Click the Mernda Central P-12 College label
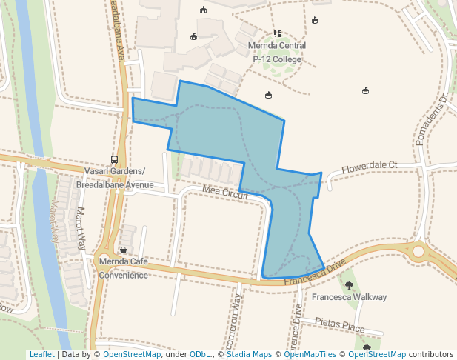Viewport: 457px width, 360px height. [x=277, y=52]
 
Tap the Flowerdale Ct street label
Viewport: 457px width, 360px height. [x=370, y=166]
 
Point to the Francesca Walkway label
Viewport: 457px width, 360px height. [x=349, y=297]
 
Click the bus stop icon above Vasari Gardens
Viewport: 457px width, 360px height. [x=114, y=159]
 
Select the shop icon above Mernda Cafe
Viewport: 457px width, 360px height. [x=122, y=250]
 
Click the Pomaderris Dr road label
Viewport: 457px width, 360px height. [x=433, y=119]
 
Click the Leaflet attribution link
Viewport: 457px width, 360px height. [x=41, y=354]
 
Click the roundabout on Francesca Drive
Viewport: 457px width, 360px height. [x=418, y=252]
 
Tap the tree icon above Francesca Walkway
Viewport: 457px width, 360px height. [x=349, y=284]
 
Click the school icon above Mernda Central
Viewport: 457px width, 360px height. [x=277, y=33]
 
